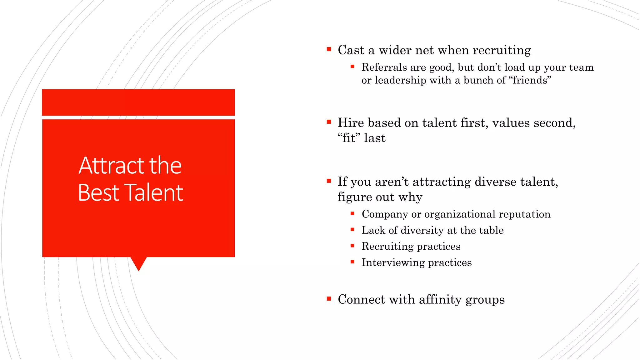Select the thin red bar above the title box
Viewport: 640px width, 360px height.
point(138,102)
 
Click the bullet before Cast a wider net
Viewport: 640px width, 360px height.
point(329,49)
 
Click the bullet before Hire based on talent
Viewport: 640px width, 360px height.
point(329,122)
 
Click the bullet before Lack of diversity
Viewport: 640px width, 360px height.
point(352,230)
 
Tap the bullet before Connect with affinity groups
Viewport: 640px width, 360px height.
point(329,299)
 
